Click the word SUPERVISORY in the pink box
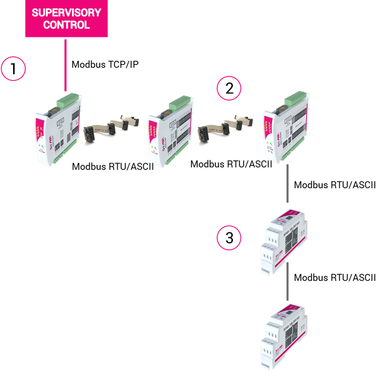66,13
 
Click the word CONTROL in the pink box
66,25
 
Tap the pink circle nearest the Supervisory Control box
13,68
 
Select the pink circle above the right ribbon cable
229,88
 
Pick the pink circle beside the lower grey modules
229,238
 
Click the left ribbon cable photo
111,129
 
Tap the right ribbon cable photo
225,129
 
